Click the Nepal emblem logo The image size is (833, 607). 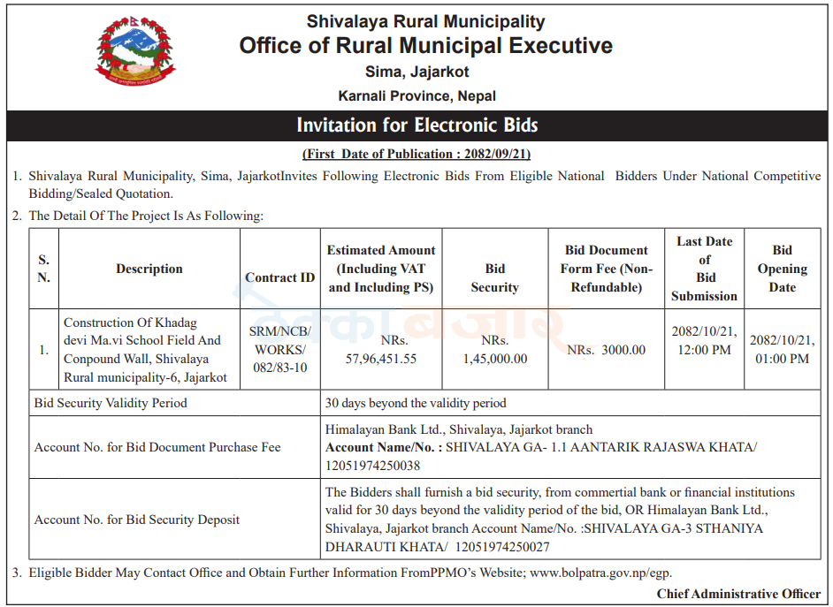134,51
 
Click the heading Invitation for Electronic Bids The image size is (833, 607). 416,125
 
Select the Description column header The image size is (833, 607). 149,269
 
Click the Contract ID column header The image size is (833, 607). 279,277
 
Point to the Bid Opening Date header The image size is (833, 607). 782,269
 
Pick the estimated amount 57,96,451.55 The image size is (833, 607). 381,359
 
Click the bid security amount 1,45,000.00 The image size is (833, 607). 495,359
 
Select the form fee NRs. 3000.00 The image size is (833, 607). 607,350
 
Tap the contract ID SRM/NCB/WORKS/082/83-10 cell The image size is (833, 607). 279,349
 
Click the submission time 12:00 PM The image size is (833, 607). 704,350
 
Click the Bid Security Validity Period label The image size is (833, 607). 111,403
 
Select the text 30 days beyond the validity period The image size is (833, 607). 416,403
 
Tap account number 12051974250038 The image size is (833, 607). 373,466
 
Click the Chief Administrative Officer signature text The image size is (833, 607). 738,594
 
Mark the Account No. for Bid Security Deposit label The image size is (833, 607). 137,520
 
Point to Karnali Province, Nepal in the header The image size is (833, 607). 416,95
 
